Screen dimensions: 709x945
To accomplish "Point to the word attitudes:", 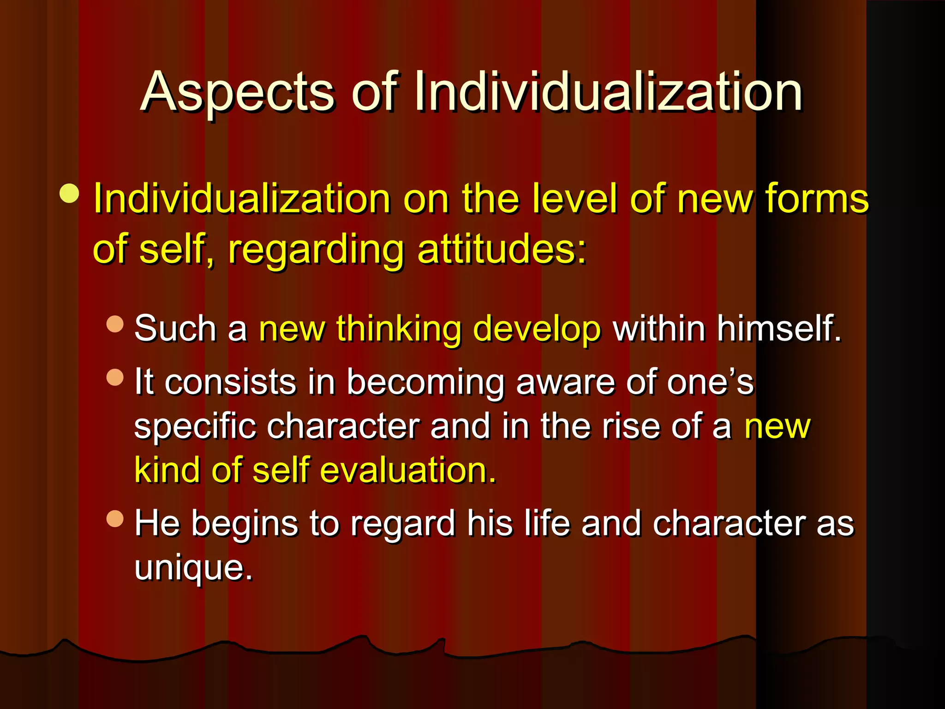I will pyautogui.click(x=502, y=249).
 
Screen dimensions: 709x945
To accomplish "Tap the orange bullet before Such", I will pyautogui.click(x=115, y=324).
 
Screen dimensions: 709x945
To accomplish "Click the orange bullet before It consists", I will pyautogui.click(x=115, y=377).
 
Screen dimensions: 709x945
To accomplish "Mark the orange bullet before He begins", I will pyautogui.click(x=115, y=518).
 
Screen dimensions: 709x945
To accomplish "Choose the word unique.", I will pyautogui.click(x=193, y=568).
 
